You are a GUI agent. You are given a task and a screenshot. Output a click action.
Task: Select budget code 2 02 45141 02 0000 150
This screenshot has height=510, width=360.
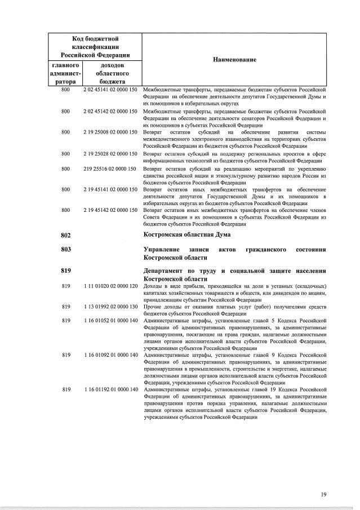pos(110,90)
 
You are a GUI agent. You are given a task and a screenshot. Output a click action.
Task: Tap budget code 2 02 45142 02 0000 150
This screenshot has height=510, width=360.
pos(110,111)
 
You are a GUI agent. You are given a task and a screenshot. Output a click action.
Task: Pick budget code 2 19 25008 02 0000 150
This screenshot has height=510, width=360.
pos(110,132)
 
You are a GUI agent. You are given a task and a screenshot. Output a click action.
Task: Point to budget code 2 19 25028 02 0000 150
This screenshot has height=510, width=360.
pos(110,153)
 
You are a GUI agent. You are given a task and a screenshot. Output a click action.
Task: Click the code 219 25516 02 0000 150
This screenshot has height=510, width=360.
pos(110,168)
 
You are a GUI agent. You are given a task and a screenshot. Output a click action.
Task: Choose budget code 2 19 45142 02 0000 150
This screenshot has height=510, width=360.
pos(110,210)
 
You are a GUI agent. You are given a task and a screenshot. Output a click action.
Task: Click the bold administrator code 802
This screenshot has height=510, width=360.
pos(66,234)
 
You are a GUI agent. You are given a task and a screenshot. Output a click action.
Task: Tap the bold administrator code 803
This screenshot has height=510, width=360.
pos(66,249)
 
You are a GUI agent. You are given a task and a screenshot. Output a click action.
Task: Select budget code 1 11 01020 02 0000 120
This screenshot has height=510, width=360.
pos(110,286)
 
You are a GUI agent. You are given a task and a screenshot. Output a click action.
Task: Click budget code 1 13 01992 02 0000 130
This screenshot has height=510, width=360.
pos(110,307)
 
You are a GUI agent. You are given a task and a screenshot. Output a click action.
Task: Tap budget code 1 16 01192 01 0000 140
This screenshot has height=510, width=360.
pos(110,389)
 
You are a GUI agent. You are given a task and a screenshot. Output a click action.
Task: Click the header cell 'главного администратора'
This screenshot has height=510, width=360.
pos(65,73)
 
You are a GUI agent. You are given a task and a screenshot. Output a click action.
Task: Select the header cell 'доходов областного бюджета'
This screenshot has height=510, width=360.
pos(109,73)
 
